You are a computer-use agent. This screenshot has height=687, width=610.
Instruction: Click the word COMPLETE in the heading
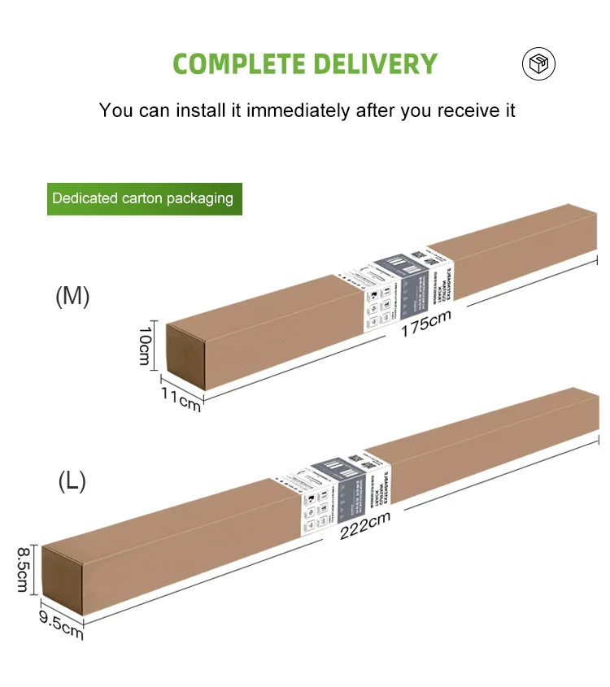point(238,63)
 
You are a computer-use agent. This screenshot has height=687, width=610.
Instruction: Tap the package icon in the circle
point(538,63)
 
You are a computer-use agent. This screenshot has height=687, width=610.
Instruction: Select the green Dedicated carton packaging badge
point(143,198)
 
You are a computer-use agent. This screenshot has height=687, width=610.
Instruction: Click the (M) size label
point(72,297)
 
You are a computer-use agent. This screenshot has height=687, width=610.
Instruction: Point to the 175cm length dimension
point(425,324)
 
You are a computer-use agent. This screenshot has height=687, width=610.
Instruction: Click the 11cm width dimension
point(180,398)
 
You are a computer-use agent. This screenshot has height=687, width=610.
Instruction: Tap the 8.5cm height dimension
point(23,570)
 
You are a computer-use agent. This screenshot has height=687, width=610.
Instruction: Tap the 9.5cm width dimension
point(61,626)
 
